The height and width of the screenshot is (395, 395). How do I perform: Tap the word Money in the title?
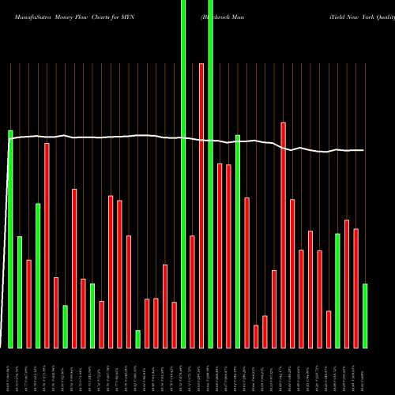[x=62, y=15]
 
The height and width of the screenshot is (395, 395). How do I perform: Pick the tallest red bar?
[x=201, y=205]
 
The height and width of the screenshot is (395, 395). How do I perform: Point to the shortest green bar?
[x=137, y=339]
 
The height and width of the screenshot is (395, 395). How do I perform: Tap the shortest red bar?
[x=256, y=336]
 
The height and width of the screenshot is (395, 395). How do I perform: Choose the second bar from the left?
[x=20, y=292]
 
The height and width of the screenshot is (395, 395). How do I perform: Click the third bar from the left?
[x=28, y=303]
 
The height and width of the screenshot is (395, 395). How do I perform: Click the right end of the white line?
[x=364, y=150]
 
